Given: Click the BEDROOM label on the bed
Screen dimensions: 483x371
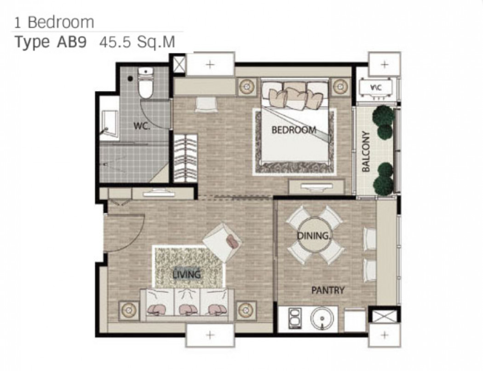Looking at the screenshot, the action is pyautogui.click(x=294, y=130).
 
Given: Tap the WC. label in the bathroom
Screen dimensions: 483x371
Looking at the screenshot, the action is pyautogui.click(x=142, y=126).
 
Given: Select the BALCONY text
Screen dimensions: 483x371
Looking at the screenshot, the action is pyautogui.click(x=366, y=151).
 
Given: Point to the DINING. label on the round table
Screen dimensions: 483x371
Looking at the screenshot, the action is pyautogui.click(x=314, y=236).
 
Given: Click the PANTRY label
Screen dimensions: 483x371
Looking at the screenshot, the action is pyautogui.click(x=328, y=290).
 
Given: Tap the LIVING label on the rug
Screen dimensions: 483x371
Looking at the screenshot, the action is pyautogui.click(x=187, y=274).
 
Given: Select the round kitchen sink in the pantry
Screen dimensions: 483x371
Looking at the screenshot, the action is pyautogui.click(x=322, y=319).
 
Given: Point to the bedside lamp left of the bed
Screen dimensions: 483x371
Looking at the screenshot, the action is pyautogui.click(x=247, y=87).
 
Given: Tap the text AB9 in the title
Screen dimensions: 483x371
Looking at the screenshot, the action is pyautogui.click(x=71, y=42).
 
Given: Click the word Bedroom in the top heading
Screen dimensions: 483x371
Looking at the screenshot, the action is pyautogui.click(x=61, y=23).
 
